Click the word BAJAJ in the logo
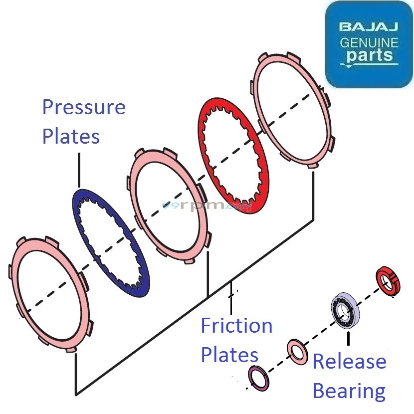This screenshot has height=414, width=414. [x=369, y=26]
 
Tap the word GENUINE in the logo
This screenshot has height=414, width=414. [x=369, y=42]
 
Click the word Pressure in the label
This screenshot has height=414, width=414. [x=84, y=107]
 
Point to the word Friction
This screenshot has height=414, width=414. [x=236, y=326]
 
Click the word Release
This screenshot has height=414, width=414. [x=349, y=362]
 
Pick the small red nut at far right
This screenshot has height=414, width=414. [x=388, y=281]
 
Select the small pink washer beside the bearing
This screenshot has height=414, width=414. [x=297, y=352]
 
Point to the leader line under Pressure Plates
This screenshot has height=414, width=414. [x=78, y=170]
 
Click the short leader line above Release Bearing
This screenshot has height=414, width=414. [x=348, y=339]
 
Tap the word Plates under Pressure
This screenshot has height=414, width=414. [x=71, y=136]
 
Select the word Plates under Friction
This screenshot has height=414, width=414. [x=229, y=355]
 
